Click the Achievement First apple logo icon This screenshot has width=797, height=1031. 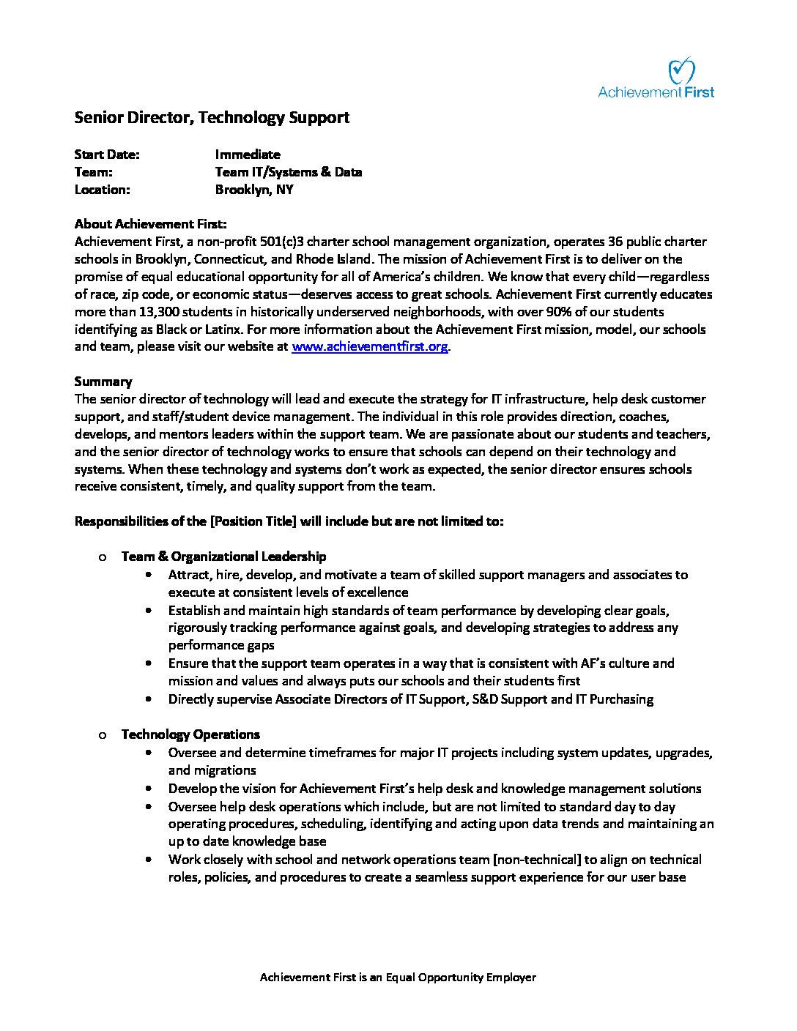pyautogui.click(x=681, y=71)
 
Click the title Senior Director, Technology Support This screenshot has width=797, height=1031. pyautogui.click(x=212, y=117)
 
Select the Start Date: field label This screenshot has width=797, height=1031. pyautogui.click(x=107, y=155)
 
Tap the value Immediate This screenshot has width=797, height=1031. pyautogui.click(x=248, y=155)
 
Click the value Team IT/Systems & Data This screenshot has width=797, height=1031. pyautogui.click(x=289, y=172)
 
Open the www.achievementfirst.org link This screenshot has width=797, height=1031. pyautogui.click(x=370, y=347)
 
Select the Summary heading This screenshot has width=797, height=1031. pyautogui.click(x=103, y=381)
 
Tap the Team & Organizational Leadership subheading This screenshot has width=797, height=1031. pyautogui.click(x=223, y=557)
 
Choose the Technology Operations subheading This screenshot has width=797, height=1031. pyautogui.click(x=190, y=734)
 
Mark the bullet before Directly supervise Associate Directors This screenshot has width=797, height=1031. pyautogui.click(x=150, y=699)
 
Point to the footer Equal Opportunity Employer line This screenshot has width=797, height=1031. pyautogui.click(x=398, y=978)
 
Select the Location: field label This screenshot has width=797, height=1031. pyautogui.click(x=103, y=190)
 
